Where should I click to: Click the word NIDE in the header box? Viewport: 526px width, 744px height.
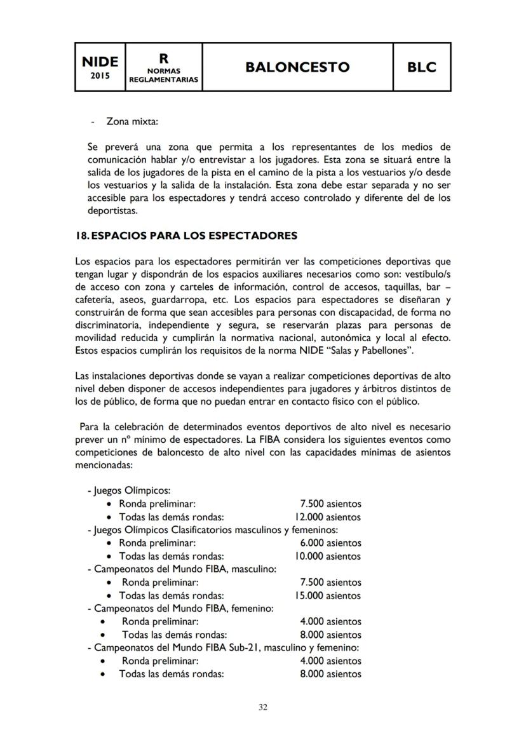click(100, 61)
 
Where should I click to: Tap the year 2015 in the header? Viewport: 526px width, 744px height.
click(100, 76)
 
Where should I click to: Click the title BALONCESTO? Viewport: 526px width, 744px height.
click(297, 67)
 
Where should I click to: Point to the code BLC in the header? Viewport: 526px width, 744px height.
click(422, 67)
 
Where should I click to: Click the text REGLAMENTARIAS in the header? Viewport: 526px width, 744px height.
click(164, 80)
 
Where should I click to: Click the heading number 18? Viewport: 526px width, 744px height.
click(81, 236)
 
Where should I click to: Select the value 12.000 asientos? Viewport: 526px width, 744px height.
click(328, 517)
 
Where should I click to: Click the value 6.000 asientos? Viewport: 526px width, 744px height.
click(330, 543)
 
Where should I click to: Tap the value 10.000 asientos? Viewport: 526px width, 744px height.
click(328, 557)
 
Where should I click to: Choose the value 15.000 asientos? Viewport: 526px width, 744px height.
click(328, 596)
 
